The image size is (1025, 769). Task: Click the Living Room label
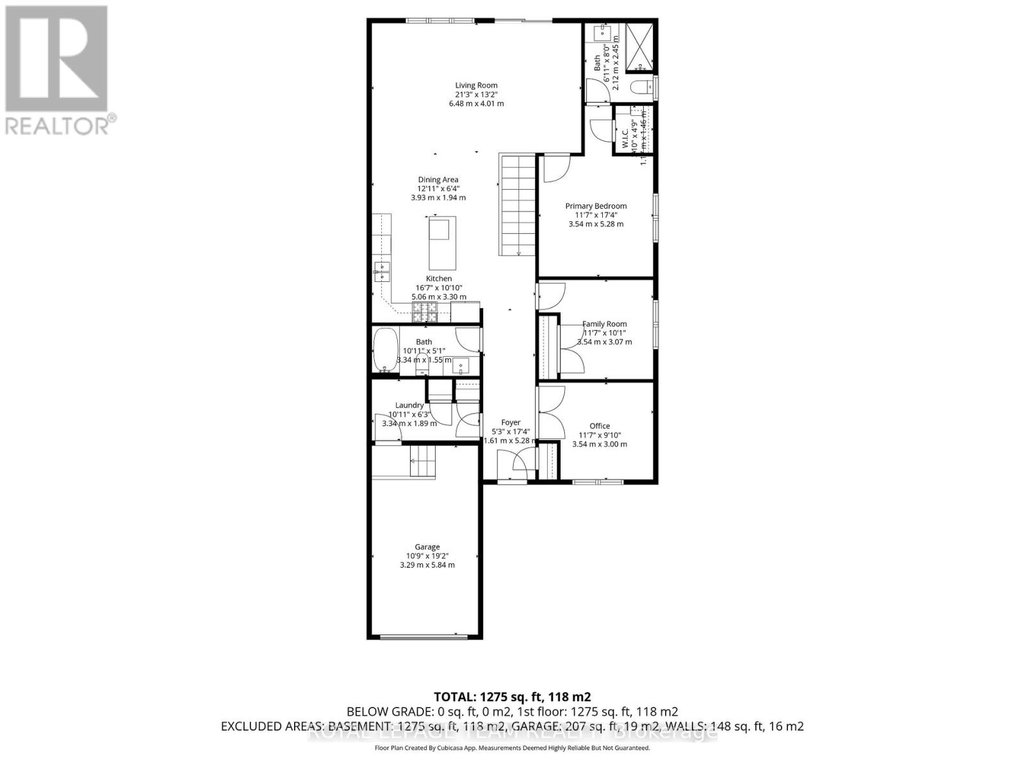(476, 85)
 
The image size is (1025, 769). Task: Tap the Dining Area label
(438, 180)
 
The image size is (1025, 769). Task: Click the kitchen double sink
(382, 272)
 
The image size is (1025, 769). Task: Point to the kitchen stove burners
(424, 312)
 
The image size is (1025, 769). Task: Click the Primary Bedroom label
(596, 206)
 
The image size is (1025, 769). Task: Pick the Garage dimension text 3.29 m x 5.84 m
(427, 565)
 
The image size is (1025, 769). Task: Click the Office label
(600, 426)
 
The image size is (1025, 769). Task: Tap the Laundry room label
(409, 406)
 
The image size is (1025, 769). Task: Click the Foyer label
(511, 423)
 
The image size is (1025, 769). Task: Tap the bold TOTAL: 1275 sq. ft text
(512, 697)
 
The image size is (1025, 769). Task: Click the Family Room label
(604, 324)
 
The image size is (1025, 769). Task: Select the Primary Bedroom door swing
(555, 168)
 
